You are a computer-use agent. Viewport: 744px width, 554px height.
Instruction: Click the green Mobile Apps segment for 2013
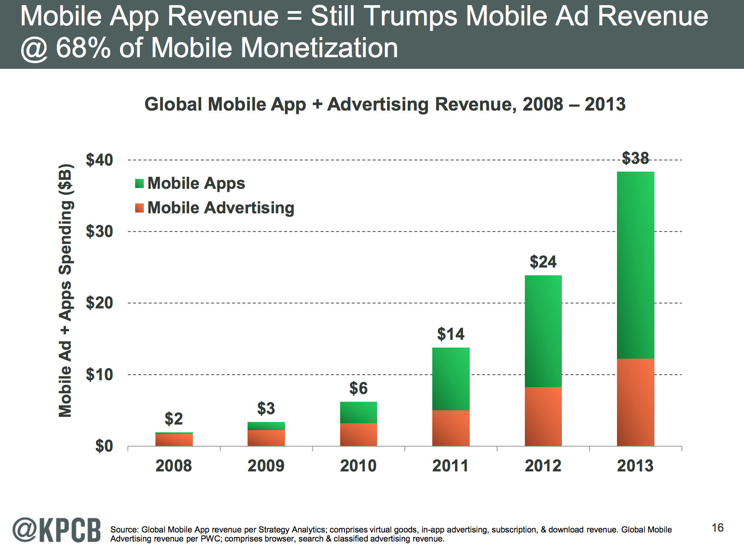click(635, 265)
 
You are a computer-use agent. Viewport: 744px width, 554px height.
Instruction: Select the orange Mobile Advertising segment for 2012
click(543, 416)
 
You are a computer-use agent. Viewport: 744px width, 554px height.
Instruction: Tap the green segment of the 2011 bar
click(451, 379)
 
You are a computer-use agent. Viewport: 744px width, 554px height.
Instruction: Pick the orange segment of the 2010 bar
click(358, 434)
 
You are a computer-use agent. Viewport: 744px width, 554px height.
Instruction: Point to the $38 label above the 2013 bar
click(635, 158)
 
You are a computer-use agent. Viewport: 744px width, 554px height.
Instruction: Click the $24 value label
click(543, 262)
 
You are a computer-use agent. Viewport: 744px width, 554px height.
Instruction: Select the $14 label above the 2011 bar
click(451, 334)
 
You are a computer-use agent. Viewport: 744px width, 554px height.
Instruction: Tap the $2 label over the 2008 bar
click(174, 419)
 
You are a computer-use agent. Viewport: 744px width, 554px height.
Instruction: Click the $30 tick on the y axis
click(99, 231)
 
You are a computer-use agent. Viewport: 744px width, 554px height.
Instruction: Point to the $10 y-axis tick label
click(99, 375)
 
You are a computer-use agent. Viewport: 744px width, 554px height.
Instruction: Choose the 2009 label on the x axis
click(266, 466)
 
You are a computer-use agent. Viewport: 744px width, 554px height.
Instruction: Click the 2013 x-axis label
click(635, 466)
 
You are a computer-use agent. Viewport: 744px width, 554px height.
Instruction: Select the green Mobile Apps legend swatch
click(139, 184)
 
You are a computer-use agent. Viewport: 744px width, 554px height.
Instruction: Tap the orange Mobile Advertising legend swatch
click(139, 208)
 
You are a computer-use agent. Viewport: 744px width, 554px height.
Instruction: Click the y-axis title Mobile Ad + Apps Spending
click(65, 290)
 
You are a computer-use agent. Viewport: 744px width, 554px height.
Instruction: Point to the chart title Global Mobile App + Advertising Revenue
click(384, 105)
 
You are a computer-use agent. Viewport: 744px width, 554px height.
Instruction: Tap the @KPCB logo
click(56, 529)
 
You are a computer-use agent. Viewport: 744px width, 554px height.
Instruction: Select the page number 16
click(717, 528)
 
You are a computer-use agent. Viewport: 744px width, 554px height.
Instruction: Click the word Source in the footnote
click(124, 530)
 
